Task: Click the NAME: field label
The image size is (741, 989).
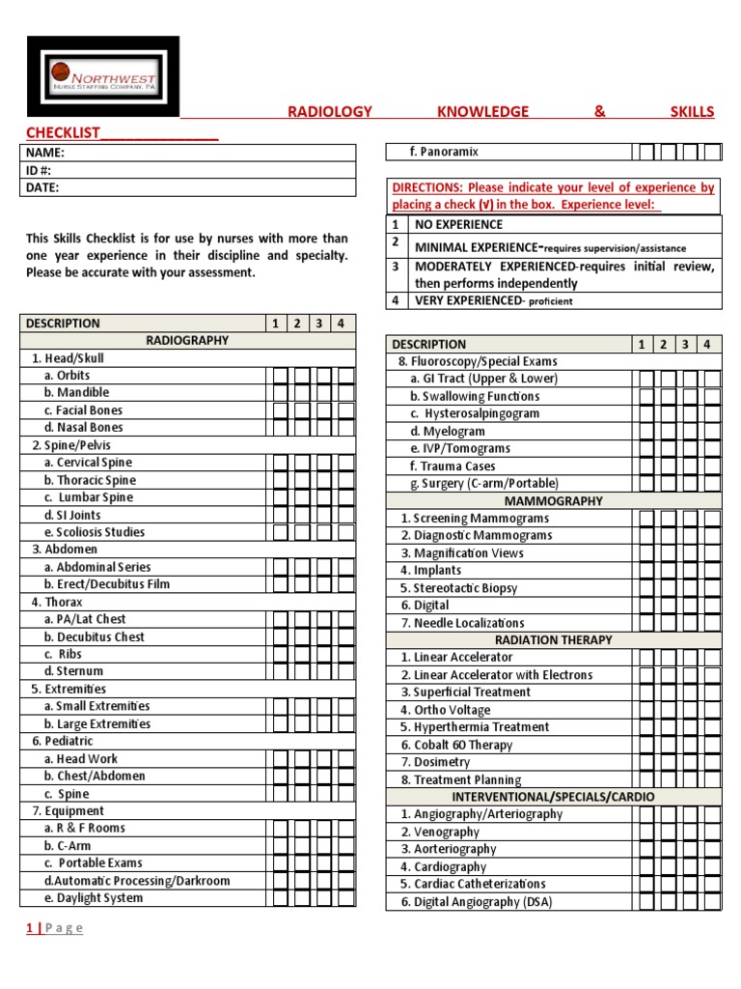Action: pyautogui.click(x=45, y=153)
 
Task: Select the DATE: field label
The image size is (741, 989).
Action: pyautogui.click(x=43, y=188)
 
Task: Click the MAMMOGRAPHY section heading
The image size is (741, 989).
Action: pyautogui.click(x=553, y=501)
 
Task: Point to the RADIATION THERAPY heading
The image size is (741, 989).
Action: pyautogui.click(x=553, y=639)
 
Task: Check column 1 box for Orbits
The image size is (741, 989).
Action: pyautogui.click(x=279, y=376)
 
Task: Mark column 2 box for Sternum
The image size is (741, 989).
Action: pyautogui.click(x=300, y=671)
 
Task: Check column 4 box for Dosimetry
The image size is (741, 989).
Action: pyautogui.click(x=712, y=762)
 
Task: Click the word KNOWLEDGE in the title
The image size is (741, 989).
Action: pyautogui.click(x=482, y=111)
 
